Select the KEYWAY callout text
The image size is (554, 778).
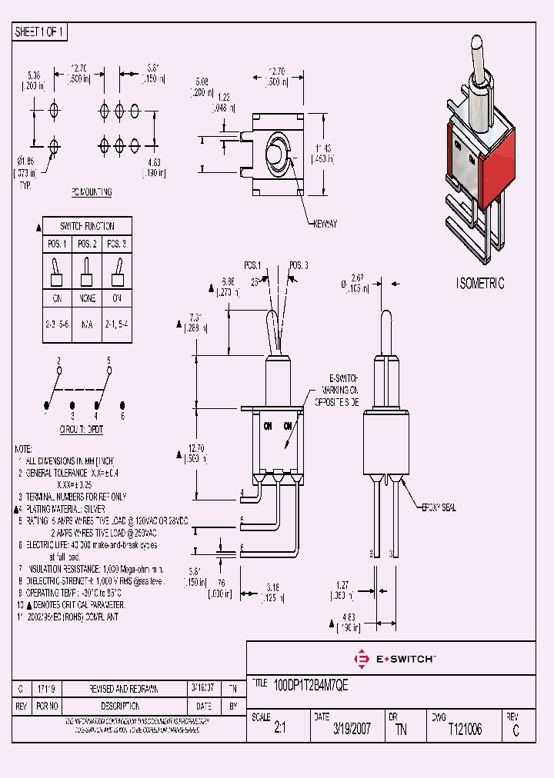tap(324, 224)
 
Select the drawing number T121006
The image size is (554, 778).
tap(465, 730)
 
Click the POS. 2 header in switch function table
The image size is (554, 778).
tap(88, 244)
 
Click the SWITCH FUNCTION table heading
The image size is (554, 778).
tap(88, 227)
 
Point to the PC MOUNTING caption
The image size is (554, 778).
tap(92, 192)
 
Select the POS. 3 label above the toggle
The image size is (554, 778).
tap(299, 265)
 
